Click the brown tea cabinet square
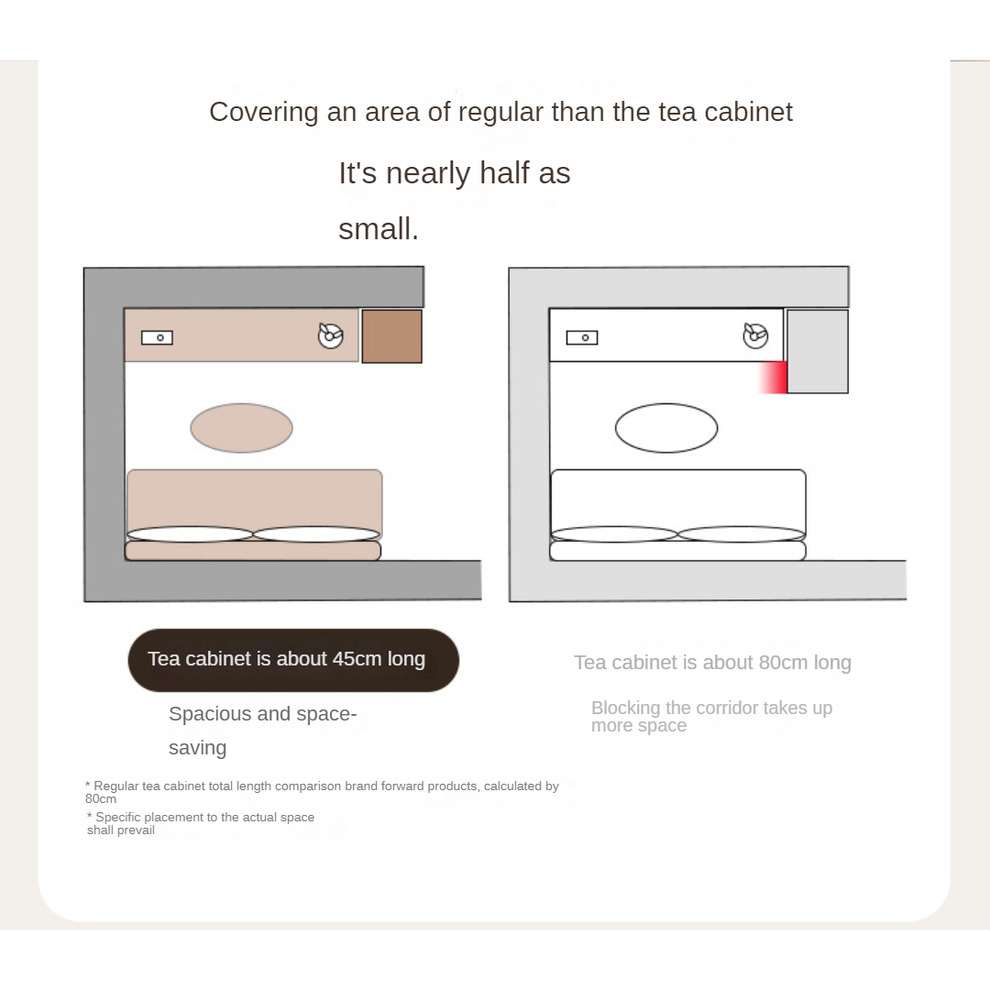click(391, 336)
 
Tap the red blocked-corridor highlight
click(772, 377)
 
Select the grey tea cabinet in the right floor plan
click(818, 351)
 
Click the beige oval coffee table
click(241, 428)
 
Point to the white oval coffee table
click(666, 428)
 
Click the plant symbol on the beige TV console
click(330, 335)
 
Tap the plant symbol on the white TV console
click(755, 335)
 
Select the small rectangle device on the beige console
click(158, 337)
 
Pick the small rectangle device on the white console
click(582, 337)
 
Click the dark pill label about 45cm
click(293, 660)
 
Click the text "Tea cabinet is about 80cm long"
click(712, 663)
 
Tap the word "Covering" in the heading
click(264, 113)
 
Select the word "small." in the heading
click(379, 228)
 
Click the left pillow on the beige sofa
click(190, 534)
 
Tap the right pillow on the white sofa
click(742, 534)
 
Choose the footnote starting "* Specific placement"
click(201, 823)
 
